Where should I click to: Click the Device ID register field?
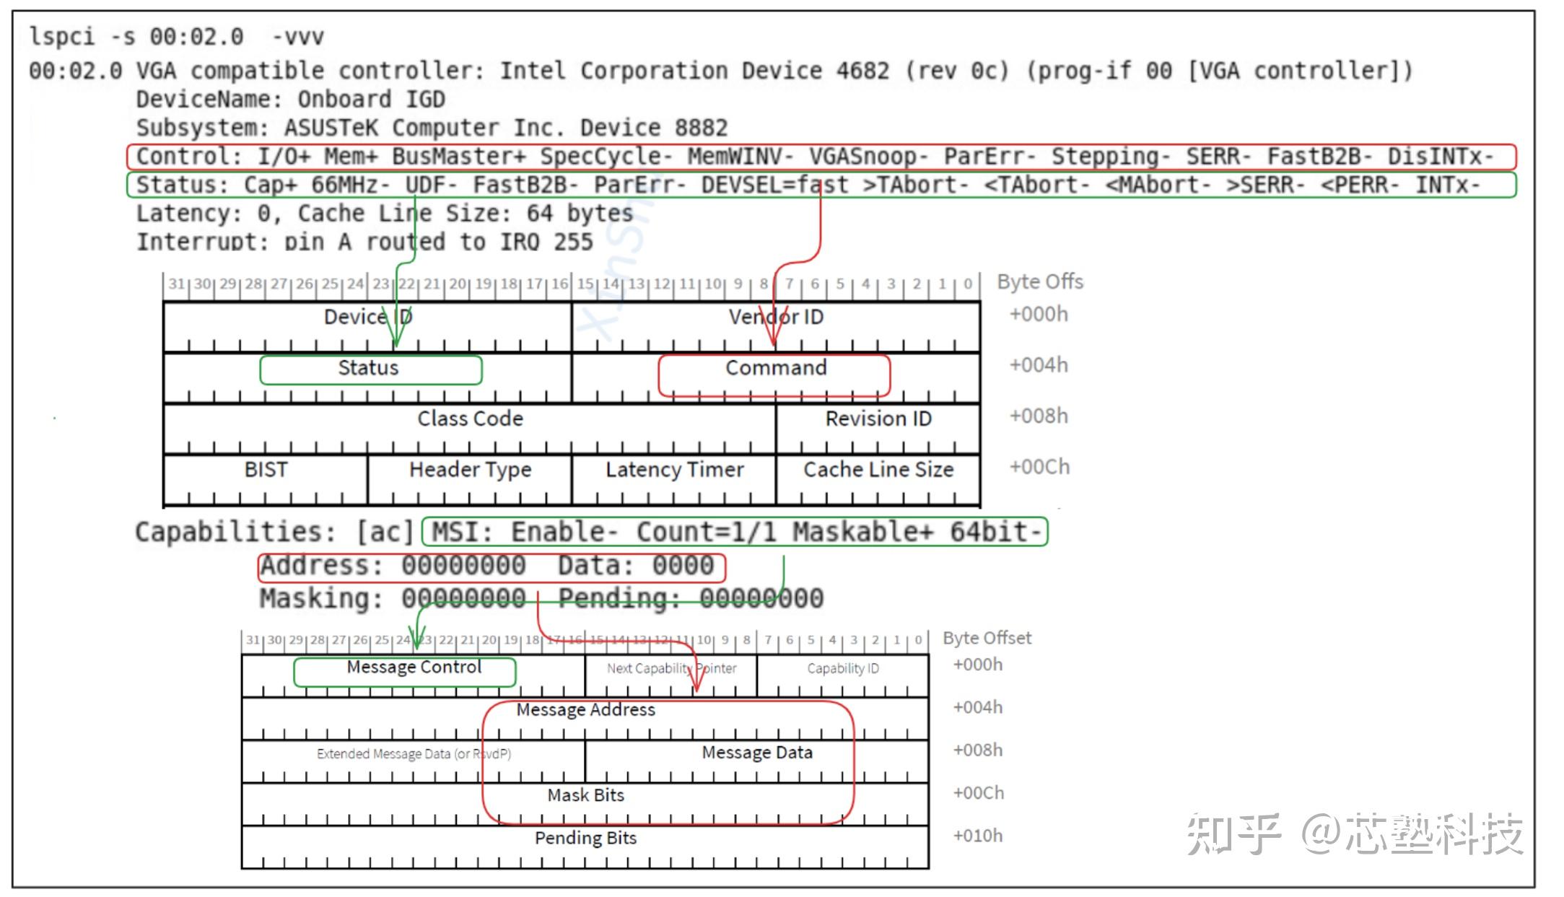367,318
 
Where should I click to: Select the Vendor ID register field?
776,318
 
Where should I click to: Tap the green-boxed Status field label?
369,368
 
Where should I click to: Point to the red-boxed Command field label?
776,368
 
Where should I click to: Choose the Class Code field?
470,419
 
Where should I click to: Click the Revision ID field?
878,419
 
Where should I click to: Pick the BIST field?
266,470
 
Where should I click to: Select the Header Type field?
470,470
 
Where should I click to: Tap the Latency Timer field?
674,470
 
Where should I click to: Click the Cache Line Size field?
878,470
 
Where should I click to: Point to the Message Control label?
414,668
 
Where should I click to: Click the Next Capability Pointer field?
671,669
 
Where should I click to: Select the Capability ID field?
843,669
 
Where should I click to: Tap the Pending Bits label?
585,839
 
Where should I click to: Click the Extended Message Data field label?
414,754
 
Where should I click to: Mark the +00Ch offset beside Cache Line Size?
1039,468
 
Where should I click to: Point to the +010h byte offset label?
977,836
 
